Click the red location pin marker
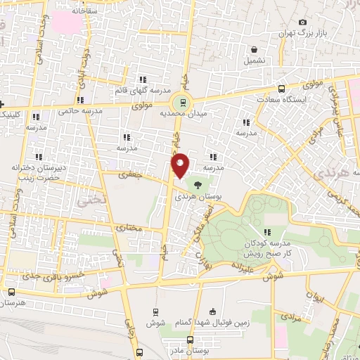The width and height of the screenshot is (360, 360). tap(181, 165)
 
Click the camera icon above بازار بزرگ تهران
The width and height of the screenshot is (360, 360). tap(302, 22)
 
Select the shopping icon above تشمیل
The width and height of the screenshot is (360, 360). tap(255, 49)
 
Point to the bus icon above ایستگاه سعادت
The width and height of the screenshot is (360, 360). tap(282, 89)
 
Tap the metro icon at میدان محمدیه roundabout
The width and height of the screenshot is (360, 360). tap(182, 102)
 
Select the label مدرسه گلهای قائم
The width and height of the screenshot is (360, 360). tap(143, 91)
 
